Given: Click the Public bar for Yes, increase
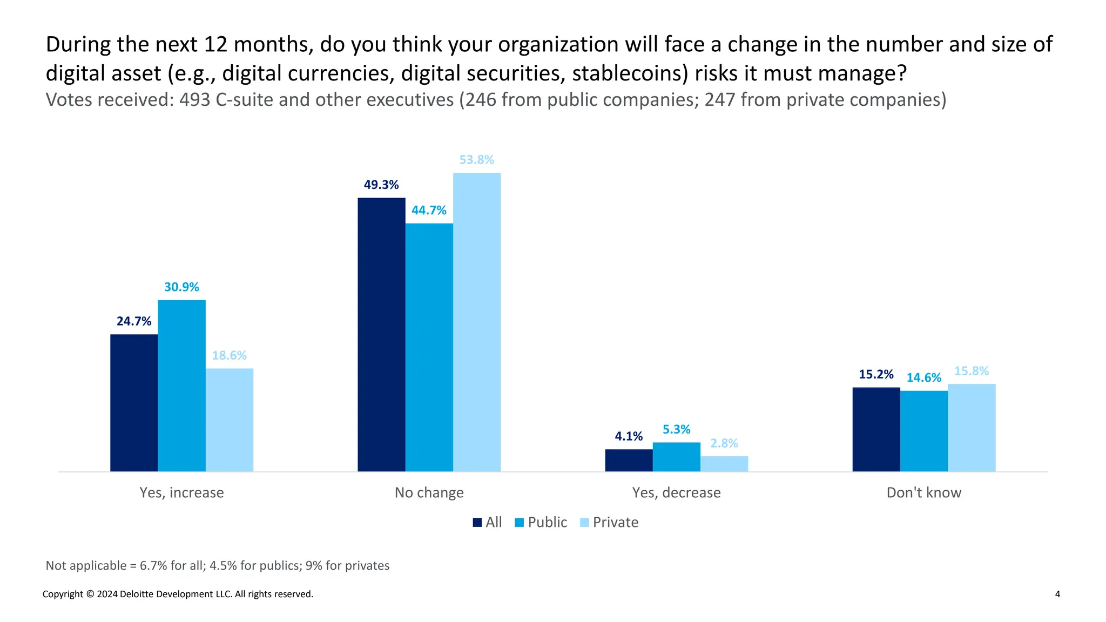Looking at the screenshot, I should point(181,386).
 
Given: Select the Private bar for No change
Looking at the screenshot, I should point(476,322).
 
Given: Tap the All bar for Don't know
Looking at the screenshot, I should point(876,429).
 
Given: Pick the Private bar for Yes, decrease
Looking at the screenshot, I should point(724,464).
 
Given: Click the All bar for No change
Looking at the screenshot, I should point(381,334).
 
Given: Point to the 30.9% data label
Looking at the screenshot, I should point(181,287).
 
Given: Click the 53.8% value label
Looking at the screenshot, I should point(476,160).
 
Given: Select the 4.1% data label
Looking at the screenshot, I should point(629,436).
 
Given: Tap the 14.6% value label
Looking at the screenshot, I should point(923,378).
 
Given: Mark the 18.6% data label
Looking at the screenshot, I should point(229,356).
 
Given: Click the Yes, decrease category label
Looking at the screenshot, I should point(676,492).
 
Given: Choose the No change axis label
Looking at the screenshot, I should point(429,492).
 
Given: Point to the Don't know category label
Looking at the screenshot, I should point(923,492).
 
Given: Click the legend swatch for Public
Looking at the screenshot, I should point(520,523).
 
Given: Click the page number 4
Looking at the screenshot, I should point(1057,594).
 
